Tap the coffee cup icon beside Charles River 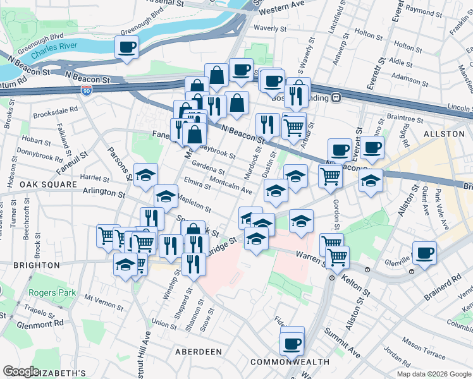[127, 47]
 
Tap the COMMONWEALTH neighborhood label [290, 362]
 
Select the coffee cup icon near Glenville [424, 252]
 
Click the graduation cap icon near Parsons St [145, 174]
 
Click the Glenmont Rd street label [41, 322]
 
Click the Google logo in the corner [21, 371]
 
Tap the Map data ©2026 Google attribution [433, 374]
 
